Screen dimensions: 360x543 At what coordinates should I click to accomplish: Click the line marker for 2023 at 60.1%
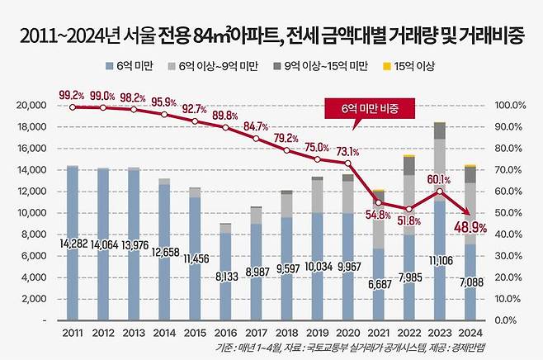pyautogui.click(x=439, y=192)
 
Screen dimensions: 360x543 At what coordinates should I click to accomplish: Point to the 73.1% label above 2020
pyautogui.click(x=347, y=152)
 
